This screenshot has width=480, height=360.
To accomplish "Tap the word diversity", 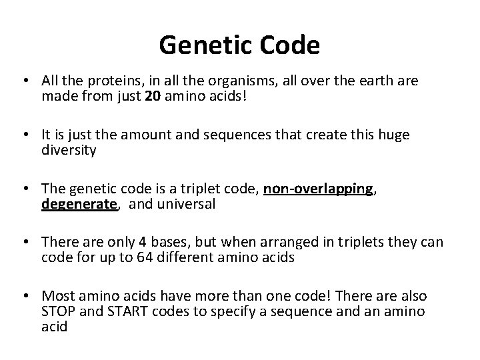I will click(x=69, y=150).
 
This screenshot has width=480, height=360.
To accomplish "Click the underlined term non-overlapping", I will click(x=317, y=190).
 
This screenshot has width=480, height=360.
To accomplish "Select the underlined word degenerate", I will click(x=79, y=204).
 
